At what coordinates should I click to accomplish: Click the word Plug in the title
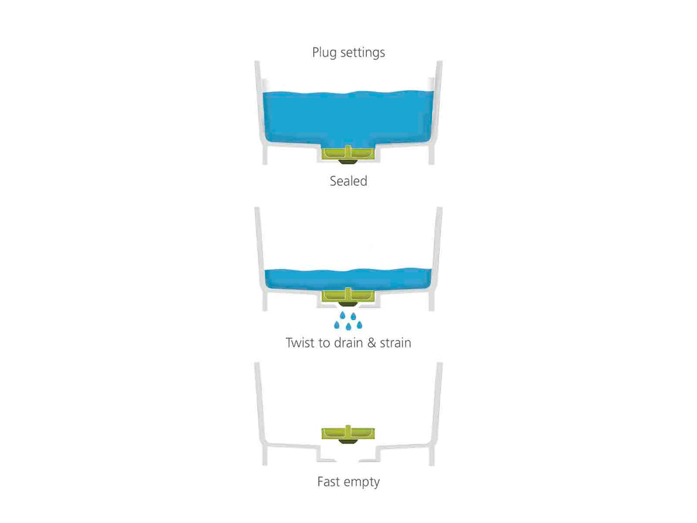click(x=324, y=53)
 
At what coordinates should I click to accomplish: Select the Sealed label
click(x=348, y=181)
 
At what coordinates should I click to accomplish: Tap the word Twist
click(x=300, y=343)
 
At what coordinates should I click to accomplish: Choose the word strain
click(x=395, y=343)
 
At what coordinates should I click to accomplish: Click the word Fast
click(x=329, y=481)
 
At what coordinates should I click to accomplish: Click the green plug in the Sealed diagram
click(x=348, y=153)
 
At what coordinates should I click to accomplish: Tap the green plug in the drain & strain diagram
click(x=348, y=295)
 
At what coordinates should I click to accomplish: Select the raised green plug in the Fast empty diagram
click(x=348, y=432)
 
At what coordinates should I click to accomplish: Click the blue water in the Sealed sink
click(x=348, y=118)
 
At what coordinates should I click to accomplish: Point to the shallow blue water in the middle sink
click(x=348, y=279)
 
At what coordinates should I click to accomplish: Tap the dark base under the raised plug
click(x=348, y=441)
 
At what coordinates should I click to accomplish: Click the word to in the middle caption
click(x=324, y=343)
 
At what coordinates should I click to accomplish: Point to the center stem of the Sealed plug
click(x=348, y=152)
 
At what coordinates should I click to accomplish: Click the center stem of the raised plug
click(x=348, y=431)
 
